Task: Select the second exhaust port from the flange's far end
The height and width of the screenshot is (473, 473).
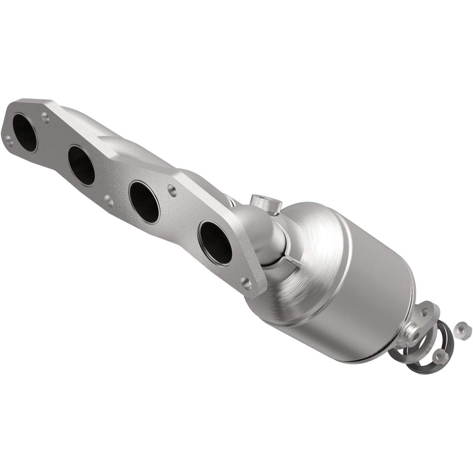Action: [81, 165]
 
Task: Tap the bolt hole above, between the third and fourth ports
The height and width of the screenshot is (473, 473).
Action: [170, 190]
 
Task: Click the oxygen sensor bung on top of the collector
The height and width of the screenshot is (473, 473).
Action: [265, 202]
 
